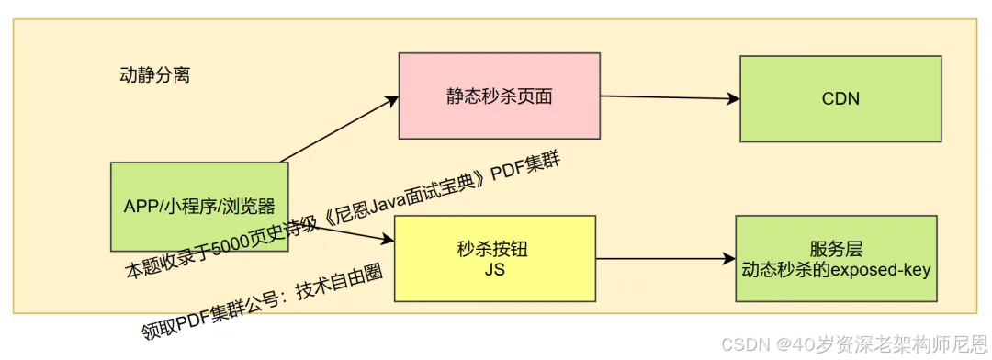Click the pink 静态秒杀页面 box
pyautogui.click(x=499, y=96)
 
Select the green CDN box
pyautogui.click(x=840, y=98)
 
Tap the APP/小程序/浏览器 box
pyautogui.click(x=199, y=207)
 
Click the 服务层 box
pyautogui.click(x=836, y=259)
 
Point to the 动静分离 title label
pyautogui.click(x=155, y=75)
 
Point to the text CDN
pyautogui.click(x=840, y=98)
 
